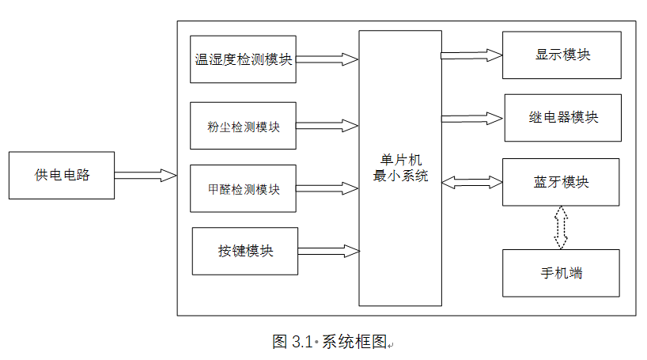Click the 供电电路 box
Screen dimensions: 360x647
[x=62, y=175]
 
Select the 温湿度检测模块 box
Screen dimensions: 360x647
[x=243, y=59]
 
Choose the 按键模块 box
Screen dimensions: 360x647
[x=245, y=251]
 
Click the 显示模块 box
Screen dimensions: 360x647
[x=562, y=55]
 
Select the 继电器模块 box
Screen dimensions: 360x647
[x=562, y=117]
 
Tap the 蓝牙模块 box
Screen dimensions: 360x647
[x=561, y=182]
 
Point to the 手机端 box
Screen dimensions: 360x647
[x=561, y=273]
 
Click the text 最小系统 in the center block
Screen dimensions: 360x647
[x=400, y=176]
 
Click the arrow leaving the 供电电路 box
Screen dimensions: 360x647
[x=146, y=175]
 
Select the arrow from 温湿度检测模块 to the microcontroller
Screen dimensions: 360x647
[x=327, y=59]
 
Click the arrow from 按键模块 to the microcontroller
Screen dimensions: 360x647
[x=329, y=251]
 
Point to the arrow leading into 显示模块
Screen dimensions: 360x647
[x=471, y=55]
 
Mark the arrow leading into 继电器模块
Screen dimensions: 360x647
[x=472, y=118]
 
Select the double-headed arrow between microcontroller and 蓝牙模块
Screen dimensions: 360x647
[x=472, y=182]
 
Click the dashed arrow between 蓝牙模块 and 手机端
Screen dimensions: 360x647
[x=561, y=227]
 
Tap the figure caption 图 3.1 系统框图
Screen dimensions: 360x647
[x=331, y=342]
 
